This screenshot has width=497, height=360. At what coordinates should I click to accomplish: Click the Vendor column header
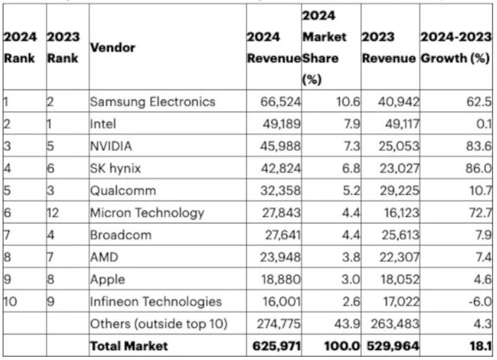(x=112, y=48)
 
